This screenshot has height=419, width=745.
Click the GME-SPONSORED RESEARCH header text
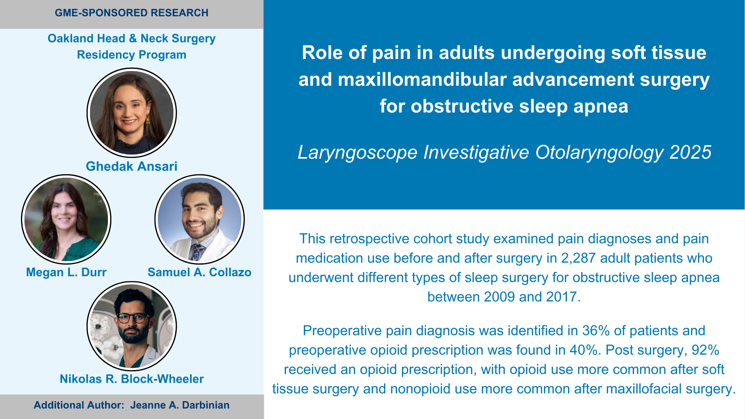[132, 13]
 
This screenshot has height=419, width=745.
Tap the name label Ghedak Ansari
[132, 166]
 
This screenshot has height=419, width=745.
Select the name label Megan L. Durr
[66, 272]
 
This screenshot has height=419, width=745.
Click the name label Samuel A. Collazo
[199, 272]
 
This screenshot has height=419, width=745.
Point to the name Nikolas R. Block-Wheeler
[132, 379]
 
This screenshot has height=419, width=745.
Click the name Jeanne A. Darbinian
[180, 405]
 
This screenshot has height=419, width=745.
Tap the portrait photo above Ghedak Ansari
[132, 113]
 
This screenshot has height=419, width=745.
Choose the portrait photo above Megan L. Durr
[66, 219]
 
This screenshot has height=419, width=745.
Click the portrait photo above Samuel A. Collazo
[199, 219]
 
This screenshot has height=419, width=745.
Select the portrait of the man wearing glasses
[132, 326]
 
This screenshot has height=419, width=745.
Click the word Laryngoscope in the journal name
[357, 152]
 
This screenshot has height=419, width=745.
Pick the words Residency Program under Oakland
[132, 55]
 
